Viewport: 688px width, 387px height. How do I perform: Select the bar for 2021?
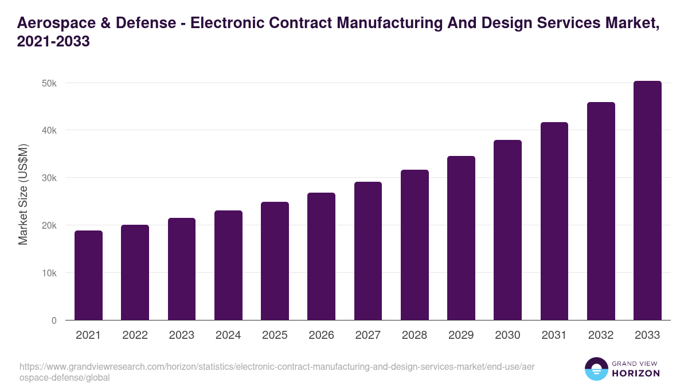[x=88, y=275]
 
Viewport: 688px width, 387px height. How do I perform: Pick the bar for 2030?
[x=507, y=229]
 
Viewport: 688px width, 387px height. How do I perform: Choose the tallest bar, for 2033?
[x=647, y=201]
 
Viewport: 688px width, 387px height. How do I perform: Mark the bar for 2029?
[x=461, y=238]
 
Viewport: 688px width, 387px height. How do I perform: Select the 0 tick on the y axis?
[x=54, y=320]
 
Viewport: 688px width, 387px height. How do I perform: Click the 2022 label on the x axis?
[x=135, y=335]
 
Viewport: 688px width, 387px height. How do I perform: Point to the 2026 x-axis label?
[x=321, y=335]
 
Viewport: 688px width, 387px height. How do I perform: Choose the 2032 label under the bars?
[x=601, y=335]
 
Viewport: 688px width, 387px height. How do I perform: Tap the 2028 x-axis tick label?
[x=415, y=335]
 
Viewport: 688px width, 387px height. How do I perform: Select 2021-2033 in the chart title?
[x=53, y=42]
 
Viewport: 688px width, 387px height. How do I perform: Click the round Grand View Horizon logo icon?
[x=596, y=369]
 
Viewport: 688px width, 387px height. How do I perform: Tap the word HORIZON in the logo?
[x=636, y=373]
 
